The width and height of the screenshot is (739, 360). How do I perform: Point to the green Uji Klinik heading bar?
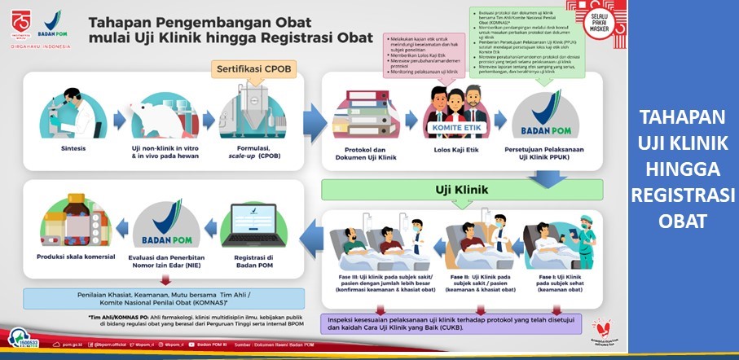(462, 191)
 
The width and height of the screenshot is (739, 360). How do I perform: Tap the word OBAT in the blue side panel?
(684, 220)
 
